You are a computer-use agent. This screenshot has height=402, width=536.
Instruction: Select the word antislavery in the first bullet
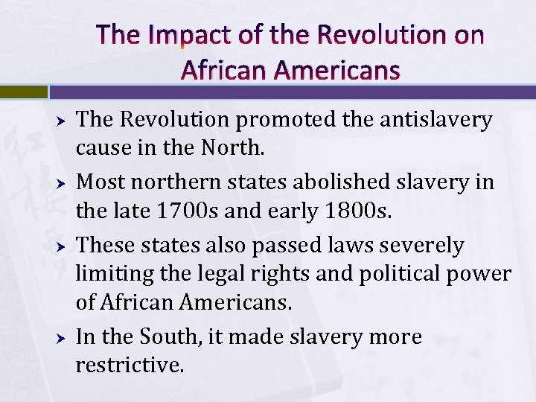coord(427,120)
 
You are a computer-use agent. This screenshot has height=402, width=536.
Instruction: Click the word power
coord(484,275)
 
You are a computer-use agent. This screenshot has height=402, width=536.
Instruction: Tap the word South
coord(173,337)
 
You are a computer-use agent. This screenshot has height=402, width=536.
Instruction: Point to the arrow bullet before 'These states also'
coord(63,246)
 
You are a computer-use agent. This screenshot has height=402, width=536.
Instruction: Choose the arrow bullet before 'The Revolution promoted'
coord(63,121)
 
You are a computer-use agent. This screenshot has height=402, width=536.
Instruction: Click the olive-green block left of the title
coord(23,92)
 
